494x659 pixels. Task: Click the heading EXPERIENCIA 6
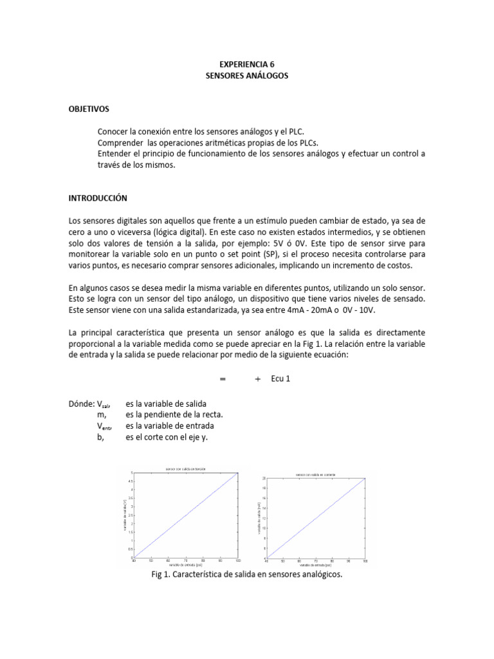pyautogui.click(x=247, y=65)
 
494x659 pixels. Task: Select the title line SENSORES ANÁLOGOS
pyautogui.click(x=247, y=76)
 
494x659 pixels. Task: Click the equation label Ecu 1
pyautogui.click(x=280, y=379)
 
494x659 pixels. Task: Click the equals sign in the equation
pyautogui.click(x=223, y=379)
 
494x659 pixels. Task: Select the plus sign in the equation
pyautogui.click(x=257, y=379)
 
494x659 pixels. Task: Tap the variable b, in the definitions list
pyautogui.click(x=101, y=437)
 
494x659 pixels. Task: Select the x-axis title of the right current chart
pyautogui.click(x=315, y=564)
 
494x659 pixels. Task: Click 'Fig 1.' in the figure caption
pyautogui.click(x=161, y=575)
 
